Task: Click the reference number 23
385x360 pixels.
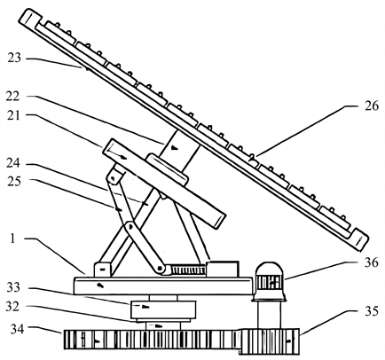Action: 14,58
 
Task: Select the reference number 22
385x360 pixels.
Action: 12,97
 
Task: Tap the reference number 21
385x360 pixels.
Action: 13,115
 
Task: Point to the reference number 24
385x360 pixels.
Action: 13,163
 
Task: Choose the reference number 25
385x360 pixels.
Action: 14,181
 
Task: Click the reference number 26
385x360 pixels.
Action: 372,106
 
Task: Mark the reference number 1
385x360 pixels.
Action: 12,239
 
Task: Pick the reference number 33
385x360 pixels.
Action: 14,287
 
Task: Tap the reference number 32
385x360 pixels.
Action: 12,307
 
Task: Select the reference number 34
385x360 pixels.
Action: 18,328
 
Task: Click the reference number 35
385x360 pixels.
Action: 372,311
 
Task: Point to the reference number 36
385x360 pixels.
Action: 372,262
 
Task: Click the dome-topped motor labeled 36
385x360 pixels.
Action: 269,281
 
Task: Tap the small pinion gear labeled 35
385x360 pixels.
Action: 269,341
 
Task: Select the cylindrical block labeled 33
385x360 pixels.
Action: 162,309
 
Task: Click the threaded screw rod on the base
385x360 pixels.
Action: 189,270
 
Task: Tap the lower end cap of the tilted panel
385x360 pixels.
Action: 360,239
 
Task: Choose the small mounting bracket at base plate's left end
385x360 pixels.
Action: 102,270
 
